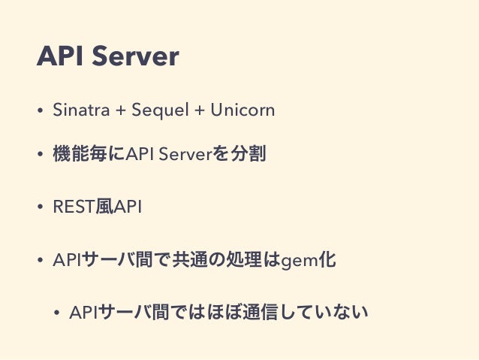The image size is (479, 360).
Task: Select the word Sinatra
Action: tap(76, 110)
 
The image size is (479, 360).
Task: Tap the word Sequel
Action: tap(156, 110)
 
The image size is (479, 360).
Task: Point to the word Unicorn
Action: tap(243, 110)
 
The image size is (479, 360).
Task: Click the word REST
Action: tap(73, 207)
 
